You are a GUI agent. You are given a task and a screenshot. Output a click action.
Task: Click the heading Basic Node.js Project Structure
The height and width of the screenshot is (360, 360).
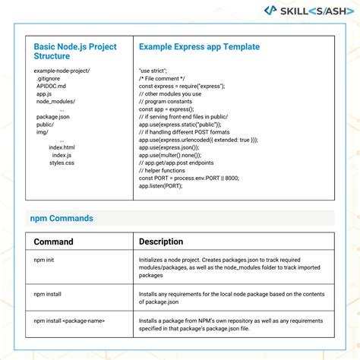point(74,51)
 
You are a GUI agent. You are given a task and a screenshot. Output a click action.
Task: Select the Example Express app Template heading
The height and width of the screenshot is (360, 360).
point(199,46)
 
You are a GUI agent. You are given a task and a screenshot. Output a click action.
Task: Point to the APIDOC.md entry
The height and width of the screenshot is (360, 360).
point(52,87)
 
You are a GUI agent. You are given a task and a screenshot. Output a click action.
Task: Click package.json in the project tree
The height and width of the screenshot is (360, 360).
point(53,117)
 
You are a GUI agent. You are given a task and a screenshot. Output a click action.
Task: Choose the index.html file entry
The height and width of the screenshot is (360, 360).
point(62,147)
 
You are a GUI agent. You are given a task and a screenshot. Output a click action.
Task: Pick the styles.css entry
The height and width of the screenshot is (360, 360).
point(62,163)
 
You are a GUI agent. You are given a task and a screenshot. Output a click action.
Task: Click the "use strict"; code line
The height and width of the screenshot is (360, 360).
point(153,71)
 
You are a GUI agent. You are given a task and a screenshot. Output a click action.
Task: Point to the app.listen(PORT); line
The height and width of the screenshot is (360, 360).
point(161,185)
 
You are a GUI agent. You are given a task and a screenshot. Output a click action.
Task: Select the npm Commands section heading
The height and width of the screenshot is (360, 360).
point(62,219)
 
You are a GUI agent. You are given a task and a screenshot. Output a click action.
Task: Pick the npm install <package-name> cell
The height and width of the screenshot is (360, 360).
point(69,322)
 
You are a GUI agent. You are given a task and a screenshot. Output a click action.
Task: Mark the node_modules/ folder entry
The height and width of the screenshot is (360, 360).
point(54,102)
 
